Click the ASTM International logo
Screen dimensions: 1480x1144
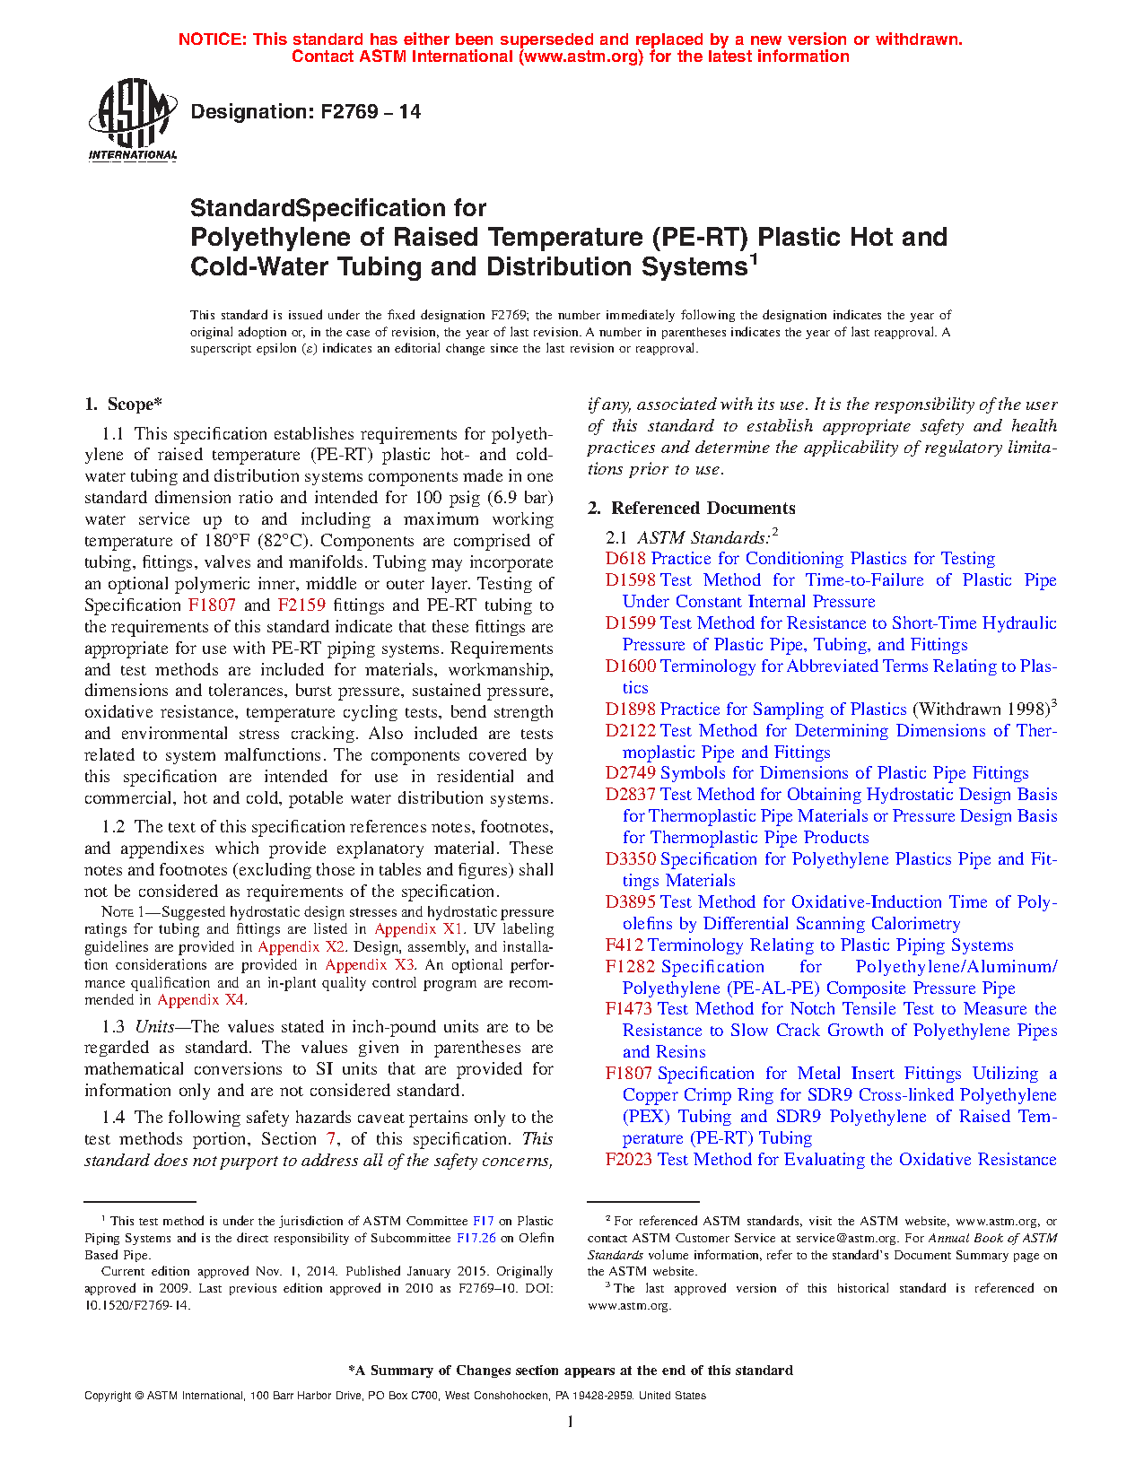(133, 119)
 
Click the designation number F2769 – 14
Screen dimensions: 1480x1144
(305, 112)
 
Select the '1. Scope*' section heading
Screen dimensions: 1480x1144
(124, 405)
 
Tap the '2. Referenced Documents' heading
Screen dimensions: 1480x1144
(691, 508)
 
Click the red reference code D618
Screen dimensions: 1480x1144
(625, 559)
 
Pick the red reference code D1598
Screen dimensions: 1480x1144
(630, 580)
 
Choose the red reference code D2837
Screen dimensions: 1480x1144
(630, 795)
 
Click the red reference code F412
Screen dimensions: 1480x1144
(624, 945)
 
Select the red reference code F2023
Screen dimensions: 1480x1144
(628, 1160)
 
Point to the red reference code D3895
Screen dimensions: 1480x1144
(630, 902)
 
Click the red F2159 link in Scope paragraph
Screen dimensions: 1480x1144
(301, 605)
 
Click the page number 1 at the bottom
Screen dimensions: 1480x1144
(571, 1421)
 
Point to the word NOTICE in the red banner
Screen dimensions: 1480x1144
(212, 39)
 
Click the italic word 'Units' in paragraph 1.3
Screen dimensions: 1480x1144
(154, 1027)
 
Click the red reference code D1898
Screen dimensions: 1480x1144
(630, 710)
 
